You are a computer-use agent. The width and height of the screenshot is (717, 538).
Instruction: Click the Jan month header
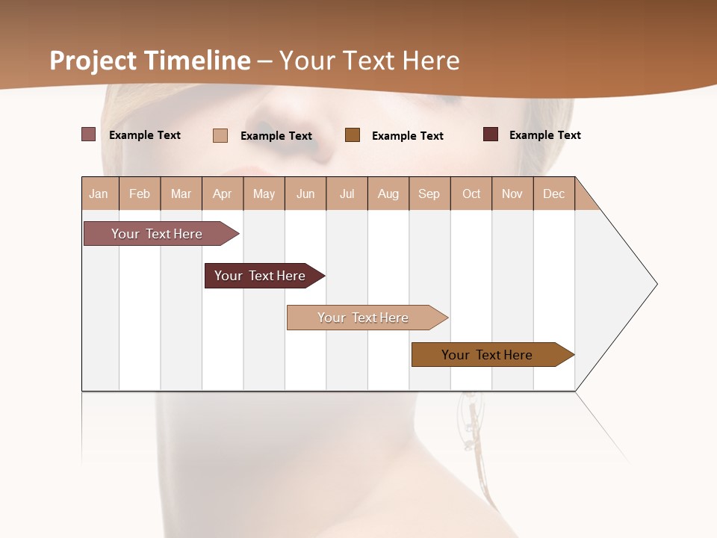[99, 194]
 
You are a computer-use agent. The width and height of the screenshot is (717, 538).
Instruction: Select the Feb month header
[140, 194]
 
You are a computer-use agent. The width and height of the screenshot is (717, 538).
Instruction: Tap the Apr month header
[223, 194]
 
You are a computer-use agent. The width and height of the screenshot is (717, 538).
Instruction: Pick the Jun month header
[305, 194]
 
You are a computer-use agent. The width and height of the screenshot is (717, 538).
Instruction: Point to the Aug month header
[388, 194]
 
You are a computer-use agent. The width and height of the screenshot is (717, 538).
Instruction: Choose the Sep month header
[429, 194]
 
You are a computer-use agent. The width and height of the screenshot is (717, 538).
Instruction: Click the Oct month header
[471, 194]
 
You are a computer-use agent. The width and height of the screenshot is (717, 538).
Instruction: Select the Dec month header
[553, 194]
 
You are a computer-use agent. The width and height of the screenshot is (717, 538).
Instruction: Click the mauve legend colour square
[88, 134]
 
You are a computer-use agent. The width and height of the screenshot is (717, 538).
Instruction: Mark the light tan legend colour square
[220, 135]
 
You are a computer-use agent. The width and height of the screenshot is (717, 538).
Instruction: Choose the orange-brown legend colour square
[353, 134]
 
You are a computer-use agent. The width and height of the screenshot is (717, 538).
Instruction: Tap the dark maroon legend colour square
[491, 134]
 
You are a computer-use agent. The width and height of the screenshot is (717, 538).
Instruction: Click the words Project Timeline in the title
[150, 61]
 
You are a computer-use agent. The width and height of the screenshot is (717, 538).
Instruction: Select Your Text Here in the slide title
[369, 61]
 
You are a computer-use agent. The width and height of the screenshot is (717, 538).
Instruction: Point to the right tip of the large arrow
[656, 284]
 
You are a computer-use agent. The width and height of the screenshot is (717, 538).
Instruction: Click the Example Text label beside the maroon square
[544, 135]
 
